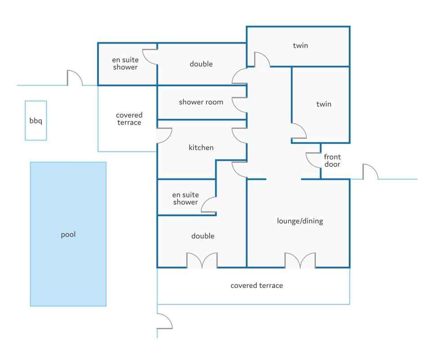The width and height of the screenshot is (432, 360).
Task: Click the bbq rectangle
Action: [x=36, y=121]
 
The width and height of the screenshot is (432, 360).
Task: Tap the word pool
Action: [x=68, y=235]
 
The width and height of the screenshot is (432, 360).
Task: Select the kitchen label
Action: [x=201, y=148]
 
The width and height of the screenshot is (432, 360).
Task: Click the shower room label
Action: [x=201, y=102]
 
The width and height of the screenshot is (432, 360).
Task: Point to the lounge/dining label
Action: [x=300, y=221]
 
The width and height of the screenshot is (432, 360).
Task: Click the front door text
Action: [x=333, y=161]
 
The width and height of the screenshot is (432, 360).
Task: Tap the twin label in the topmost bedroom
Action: [x=300, y=45]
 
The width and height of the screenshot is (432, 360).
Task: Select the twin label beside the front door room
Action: [x=324, y=104]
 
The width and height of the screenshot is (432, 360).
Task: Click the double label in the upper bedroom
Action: [x=201, y=64]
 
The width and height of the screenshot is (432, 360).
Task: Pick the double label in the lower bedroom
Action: [x=203, y=236]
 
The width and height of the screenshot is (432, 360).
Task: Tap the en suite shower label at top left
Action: [x=125, y=63]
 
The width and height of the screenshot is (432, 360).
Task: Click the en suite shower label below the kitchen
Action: [x=185, y=198]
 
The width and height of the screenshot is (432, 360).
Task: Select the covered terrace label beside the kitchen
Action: [x=129, y=119]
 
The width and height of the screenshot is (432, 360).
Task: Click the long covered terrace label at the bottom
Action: [x=256, y=285]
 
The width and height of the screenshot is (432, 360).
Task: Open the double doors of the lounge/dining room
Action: [x=300, y=261]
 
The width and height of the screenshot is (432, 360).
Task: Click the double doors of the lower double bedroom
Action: [x=202, y=261]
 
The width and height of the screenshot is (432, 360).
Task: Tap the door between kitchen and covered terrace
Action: [x=164, y=135]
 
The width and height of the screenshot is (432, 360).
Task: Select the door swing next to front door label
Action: [x=313, y=160]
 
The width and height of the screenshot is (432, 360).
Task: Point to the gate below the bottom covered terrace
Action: [x=164, y=321]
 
